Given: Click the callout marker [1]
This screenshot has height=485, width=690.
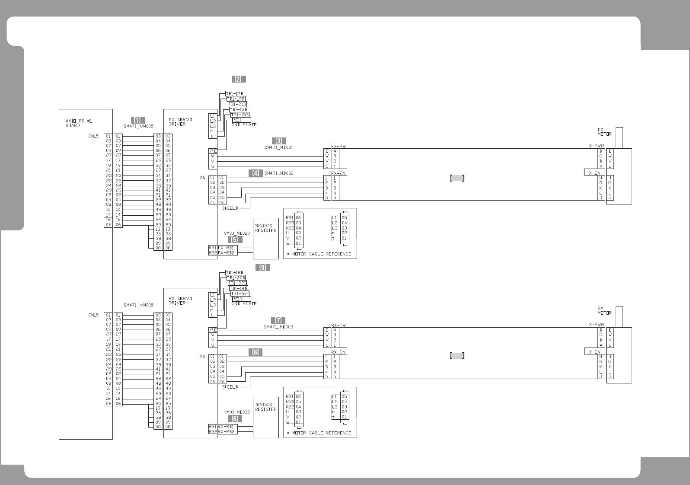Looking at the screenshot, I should click(138, 120).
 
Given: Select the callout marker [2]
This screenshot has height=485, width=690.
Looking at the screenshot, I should click(238, 79).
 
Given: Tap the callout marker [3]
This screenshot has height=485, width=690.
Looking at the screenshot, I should click(279, 141).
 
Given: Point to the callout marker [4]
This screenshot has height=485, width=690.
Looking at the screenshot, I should click(256, 173).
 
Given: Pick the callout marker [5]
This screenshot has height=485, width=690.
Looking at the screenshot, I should click(235, 239).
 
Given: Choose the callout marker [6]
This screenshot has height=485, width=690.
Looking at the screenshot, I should click(235, 418).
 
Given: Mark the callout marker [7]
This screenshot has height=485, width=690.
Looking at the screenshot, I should click(278, 320).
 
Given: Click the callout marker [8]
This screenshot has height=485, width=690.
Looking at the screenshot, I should click(256, 352).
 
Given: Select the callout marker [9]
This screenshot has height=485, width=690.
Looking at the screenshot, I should click(262, 268).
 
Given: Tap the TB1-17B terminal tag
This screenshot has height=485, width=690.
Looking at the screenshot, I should click(235, 94).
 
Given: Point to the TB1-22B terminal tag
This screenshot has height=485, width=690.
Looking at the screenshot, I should click(237, 283).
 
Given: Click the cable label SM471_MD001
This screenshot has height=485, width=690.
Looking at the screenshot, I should click(278, 147).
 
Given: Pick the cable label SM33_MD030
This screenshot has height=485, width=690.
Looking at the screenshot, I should click(237, 412).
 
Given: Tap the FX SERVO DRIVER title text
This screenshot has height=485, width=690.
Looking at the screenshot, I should click(178, 122).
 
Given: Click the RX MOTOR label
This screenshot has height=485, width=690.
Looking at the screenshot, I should click(604, 311).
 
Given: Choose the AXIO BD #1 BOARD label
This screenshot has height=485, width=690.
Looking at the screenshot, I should click(73, 123).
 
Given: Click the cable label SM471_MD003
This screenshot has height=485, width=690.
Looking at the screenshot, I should click(278, 327).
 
